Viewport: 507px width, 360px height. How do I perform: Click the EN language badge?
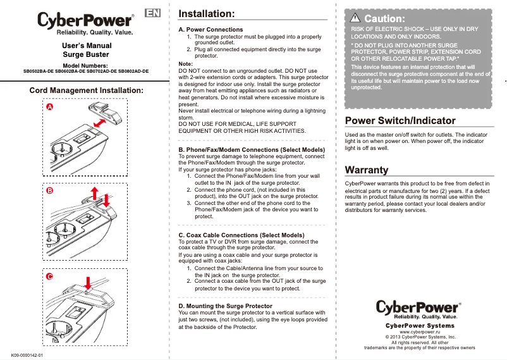click(x=152, y=14)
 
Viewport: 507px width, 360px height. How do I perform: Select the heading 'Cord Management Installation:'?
click(x=87, y=91)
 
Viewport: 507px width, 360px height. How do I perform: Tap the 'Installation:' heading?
click(x=207, y=14)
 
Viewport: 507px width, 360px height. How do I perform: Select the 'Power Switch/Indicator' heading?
click(x=400, y=120)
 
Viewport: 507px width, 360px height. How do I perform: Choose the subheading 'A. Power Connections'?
click(x=211, y=30)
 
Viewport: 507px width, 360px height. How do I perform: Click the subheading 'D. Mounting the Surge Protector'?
click(x=226, y=306)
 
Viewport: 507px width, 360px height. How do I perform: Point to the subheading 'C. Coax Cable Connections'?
click(x=241, y=235)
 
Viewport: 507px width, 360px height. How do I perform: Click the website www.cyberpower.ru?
click(x=420, y=332)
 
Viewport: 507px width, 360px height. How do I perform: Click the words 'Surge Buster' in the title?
click(x=86, y=55)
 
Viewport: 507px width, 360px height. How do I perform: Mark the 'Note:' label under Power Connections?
click(x=186, y=64)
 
